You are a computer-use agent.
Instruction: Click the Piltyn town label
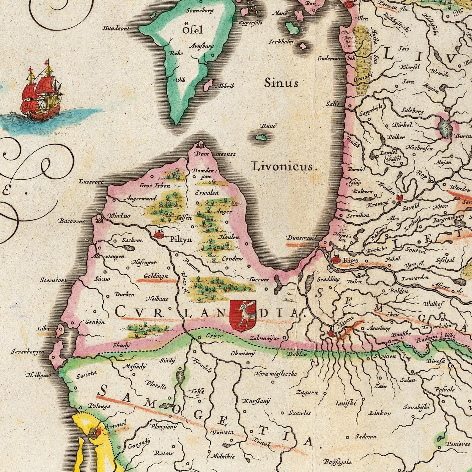click(180, 239)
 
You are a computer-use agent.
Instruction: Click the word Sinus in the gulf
click(281, 83)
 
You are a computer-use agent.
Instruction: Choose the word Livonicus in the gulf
click(282, 166)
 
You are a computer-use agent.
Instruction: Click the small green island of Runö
click(261, 137)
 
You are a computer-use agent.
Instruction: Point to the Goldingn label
click(156, 276)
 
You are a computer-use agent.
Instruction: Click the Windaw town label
click(119, 216)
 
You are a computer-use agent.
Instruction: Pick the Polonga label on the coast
click(99, 406)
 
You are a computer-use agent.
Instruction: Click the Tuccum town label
click(259, 279)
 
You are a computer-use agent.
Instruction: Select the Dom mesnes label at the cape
click(215, 154)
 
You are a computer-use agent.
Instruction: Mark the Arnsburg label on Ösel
click(202, 46)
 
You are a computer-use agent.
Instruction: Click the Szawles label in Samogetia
click(300, 413)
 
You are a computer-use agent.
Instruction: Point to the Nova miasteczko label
click(275, 374)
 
